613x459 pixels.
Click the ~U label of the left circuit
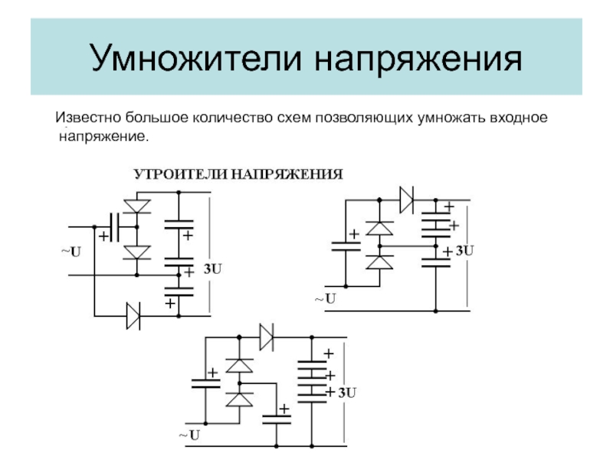(x=70, y=252)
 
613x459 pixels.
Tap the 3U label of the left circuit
(x=213, y=269)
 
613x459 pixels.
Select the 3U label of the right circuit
(x=464, y=250)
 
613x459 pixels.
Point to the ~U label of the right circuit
(x=325, y=298)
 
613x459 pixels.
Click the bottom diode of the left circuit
(x=134, y=314)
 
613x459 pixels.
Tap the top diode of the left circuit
(x=138, y=205)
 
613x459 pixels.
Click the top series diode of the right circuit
(x=406, y=200)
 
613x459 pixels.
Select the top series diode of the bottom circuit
(x=267, y=337)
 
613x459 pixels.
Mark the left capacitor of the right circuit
(x=346, y=246)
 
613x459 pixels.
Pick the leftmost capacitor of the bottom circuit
(x=206, y=382)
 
